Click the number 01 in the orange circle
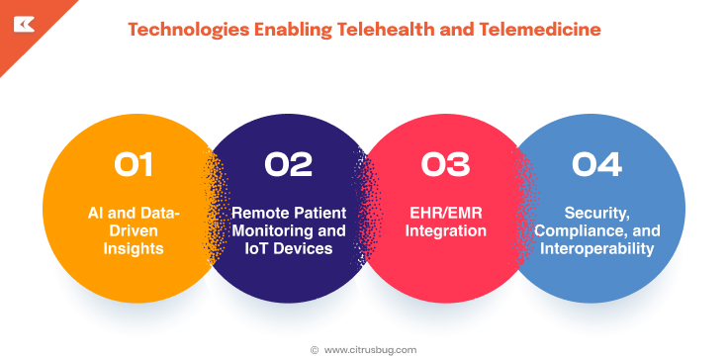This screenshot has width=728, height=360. (x=134, y=163)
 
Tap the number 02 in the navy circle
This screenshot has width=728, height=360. (x=288, y=163)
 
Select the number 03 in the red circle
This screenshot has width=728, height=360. (x=444, y=163)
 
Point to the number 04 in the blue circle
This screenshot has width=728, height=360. (x=596, y=163)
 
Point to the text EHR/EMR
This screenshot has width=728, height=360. (x=444, y=214)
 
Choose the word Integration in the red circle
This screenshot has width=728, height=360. (x=444, y=231)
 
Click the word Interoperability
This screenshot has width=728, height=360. (x=596, y=249)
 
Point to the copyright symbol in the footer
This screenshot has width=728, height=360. (x=315, y=349)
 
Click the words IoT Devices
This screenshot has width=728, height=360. (x=288, y=249)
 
